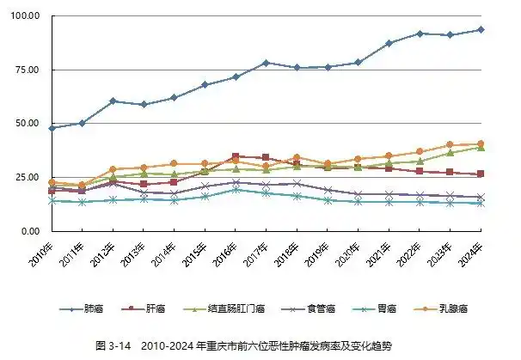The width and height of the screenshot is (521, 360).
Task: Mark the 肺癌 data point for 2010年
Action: [52, 127]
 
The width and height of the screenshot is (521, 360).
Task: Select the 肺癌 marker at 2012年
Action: [113, 101]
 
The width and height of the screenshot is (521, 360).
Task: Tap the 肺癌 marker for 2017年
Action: [266, 63]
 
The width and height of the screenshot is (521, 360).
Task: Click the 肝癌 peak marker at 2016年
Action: [235, 156]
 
